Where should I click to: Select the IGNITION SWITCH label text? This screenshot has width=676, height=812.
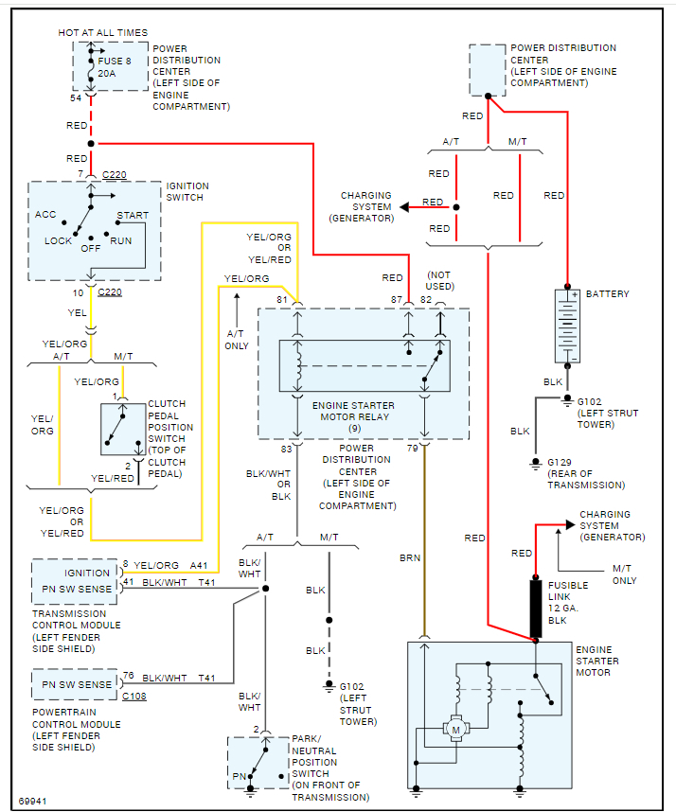pos(187,191)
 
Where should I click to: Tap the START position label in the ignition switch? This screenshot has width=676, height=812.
pos(133,216)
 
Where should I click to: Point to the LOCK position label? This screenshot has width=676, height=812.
pos(58,240)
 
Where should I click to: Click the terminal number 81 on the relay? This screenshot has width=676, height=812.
pos(282,300)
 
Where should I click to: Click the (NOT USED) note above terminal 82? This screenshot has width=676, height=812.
pos(440,280)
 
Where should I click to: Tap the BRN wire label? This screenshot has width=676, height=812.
pos(409,558)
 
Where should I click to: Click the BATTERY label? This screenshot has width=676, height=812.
pos(607,294)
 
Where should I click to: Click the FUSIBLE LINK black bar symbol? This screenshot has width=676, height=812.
pos(535,608)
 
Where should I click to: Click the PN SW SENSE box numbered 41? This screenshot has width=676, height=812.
pos(75,589)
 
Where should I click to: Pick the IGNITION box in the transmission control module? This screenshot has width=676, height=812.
pos(87,573)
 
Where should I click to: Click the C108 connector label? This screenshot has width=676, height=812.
pos(134,696)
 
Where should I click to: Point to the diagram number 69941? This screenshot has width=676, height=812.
pos(33,801)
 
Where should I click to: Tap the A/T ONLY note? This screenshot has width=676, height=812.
pos(237,340)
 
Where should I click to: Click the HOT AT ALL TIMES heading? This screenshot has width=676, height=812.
pos(102,33)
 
